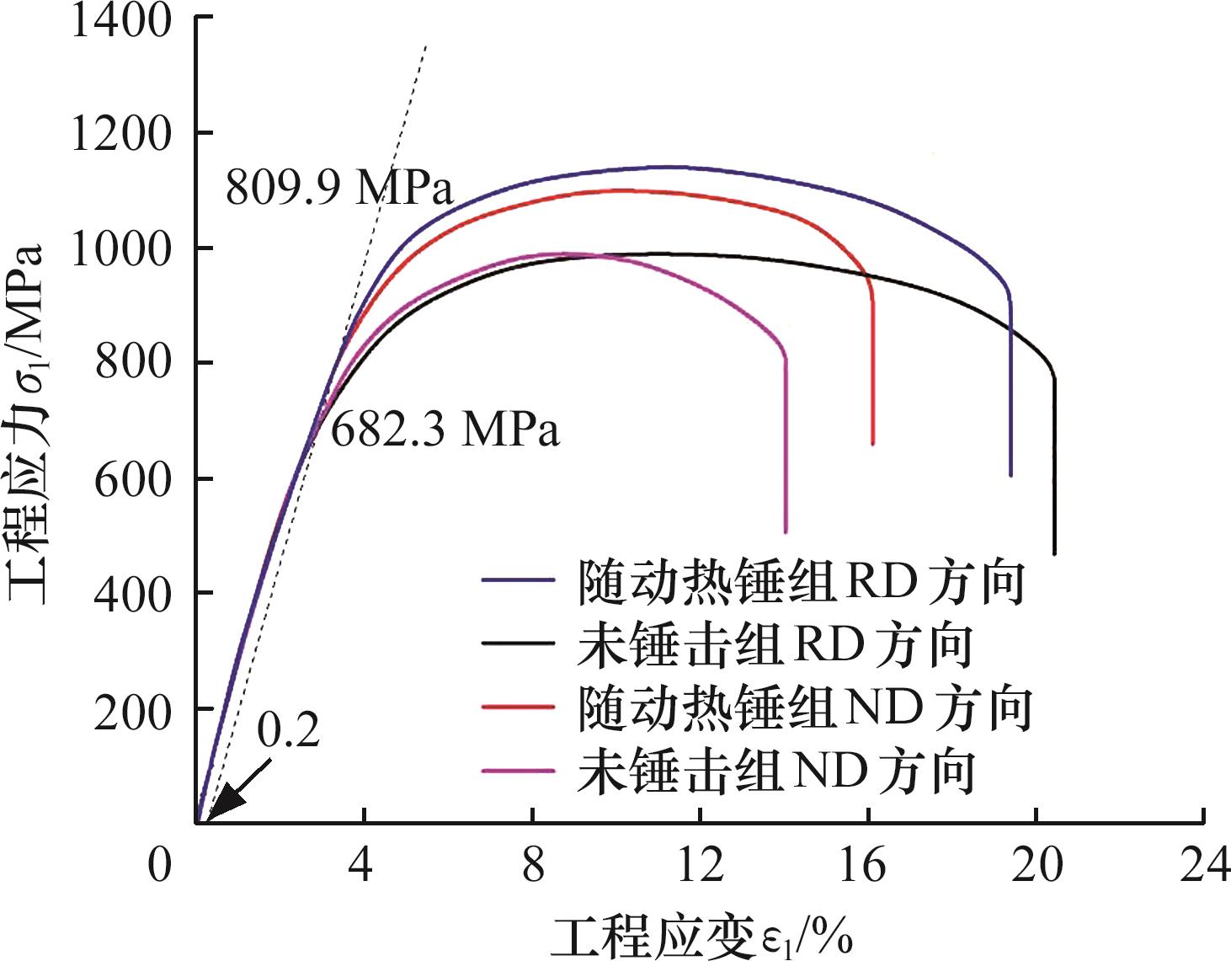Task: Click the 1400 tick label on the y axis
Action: [x=120, y=21]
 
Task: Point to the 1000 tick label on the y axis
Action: [x=120, y=249]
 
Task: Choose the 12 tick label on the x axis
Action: [x=700, y=865]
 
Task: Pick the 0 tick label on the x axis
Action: [x=160, y=865]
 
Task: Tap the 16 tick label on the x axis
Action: [x=863, y=865]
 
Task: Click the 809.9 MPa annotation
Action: [x=339, y=187]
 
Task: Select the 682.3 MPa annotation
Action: [x=445, y=430]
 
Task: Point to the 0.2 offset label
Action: [x=289, y=730]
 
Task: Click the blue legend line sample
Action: [x=518, y=580]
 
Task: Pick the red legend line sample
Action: [x=518, y=706]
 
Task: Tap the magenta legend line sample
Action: [x=518, y=770]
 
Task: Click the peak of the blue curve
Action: [x=669, y=167]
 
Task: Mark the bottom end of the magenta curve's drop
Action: [x=786, y=531]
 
